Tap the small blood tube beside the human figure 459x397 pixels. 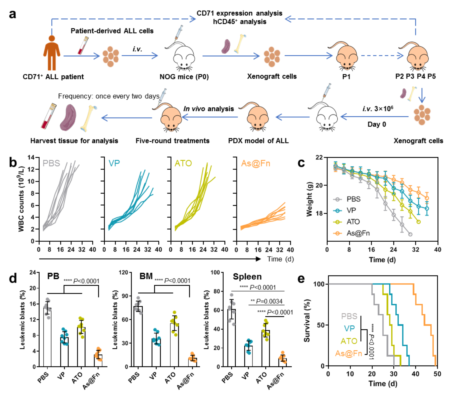click(83, 45)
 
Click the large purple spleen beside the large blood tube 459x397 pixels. click(68, 117)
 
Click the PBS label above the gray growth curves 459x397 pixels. click(51, 163)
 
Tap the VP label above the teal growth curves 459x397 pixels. click(114, 163)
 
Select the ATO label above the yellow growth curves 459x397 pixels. click(183, 163)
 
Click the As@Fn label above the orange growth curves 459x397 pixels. click(255, 163)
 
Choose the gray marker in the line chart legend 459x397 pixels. click(337, 199)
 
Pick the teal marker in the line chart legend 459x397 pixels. click(337, 210)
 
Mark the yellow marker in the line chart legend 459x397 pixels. click(337, 222)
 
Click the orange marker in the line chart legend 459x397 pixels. click(337, 233)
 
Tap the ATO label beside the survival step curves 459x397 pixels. click(349, 341)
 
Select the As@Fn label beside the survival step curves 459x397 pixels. click(348, 354)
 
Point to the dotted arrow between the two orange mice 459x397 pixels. click(382, 55)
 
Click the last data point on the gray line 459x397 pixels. click(410, 234)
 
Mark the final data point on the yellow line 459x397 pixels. click(419, 222)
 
